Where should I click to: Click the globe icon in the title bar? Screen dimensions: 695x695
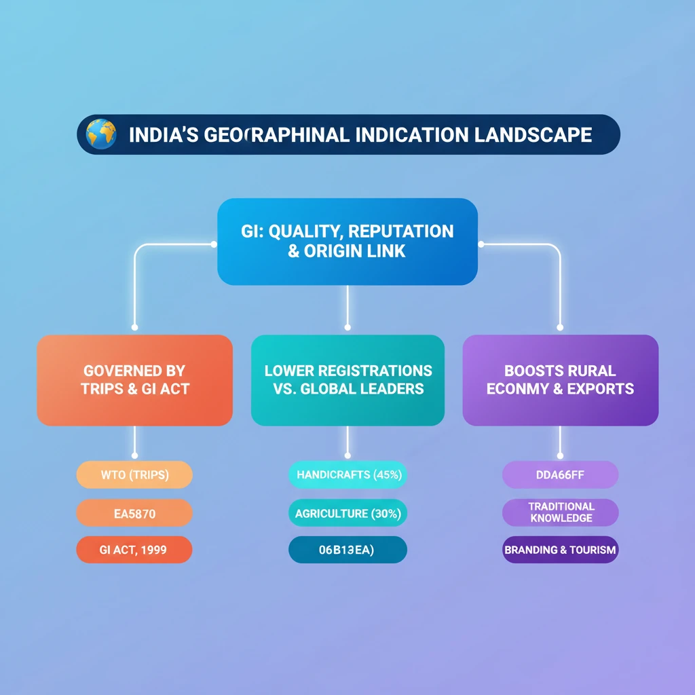tap(100, 134)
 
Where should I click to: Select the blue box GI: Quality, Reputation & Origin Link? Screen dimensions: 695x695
tap(347, 241)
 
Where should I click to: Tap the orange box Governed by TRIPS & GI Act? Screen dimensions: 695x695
tap(134, 380)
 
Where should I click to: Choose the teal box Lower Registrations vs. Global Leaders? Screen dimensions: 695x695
tap(347, 380)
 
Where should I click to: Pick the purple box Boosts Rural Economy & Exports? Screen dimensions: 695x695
tap(560, 380)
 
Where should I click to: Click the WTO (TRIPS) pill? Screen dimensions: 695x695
tap(134, 475)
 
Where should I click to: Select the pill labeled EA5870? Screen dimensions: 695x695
tap(134, 514)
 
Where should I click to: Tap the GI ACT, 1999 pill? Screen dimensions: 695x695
tap(134, 550)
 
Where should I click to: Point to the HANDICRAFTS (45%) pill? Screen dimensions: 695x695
tap(347, 475)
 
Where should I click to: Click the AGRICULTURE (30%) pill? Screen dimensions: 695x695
tap(347, 514)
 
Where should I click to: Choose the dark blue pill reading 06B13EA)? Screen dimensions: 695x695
tap(347, 550)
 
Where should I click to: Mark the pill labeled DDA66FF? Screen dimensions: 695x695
tap(560, 475)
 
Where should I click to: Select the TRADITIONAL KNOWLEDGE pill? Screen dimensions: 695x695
tap(560, 512)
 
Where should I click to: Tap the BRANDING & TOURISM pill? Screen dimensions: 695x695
tap(560, 550)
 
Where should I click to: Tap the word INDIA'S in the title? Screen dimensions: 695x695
tap(162, 134)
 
